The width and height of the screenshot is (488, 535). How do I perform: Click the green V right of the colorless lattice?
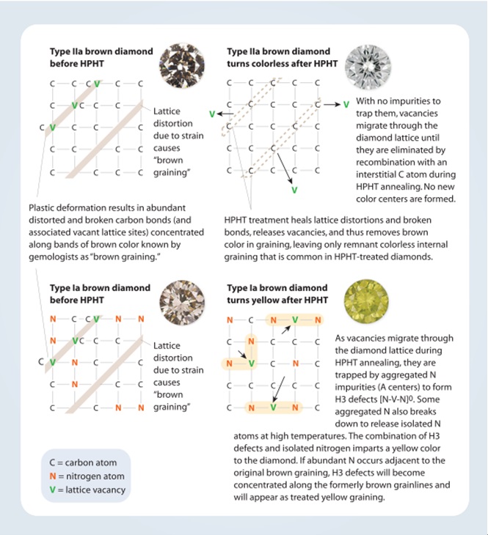coord(346,104)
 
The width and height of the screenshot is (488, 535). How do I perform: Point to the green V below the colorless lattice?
coord(294,189)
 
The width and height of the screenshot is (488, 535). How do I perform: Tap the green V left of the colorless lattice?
coord(212,114)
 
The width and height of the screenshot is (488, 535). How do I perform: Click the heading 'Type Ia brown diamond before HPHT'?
coord(100,294)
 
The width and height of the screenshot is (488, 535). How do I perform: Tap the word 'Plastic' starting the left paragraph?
coord(43,208)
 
